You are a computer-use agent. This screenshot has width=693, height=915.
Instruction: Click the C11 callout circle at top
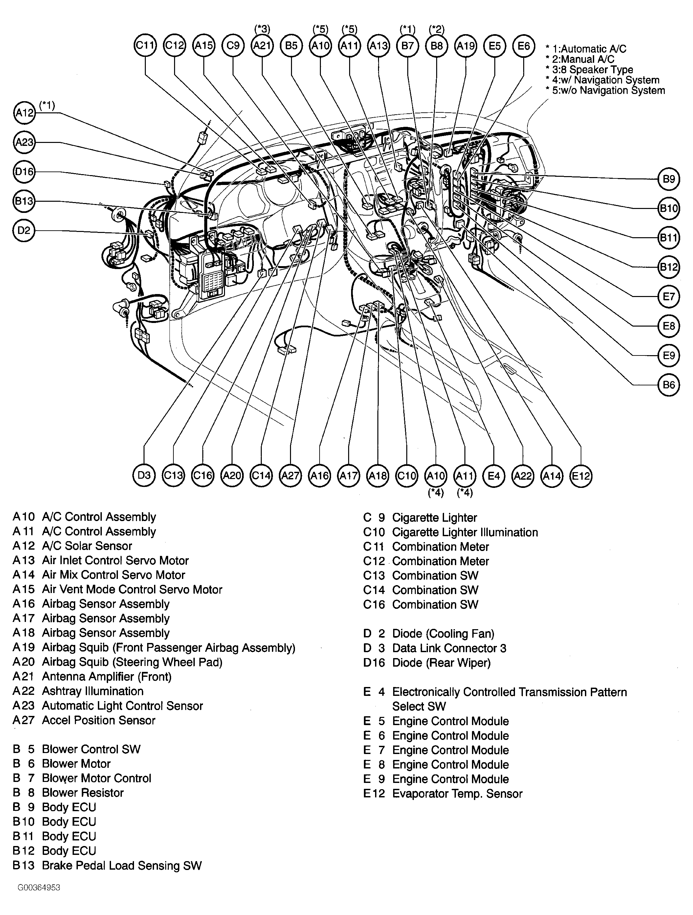tap(145, 45)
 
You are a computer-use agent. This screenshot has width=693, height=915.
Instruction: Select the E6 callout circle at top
tap(524, 45)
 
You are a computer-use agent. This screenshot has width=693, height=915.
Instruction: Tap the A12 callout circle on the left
tap(24, 112)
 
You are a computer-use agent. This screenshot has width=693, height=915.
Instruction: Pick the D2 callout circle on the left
tap(24, 230)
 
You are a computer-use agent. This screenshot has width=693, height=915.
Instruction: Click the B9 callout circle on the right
tap(669, 179)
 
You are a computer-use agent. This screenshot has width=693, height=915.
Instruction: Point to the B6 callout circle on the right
tap(669, 385)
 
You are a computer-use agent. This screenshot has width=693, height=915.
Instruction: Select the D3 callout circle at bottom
tap(144, 475)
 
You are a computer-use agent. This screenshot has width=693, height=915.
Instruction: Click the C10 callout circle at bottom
tap(407, 476)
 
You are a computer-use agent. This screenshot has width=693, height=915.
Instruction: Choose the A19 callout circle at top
tap(466, 45)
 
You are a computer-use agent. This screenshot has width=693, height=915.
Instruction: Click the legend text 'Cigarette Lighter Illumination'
tap(465, 532)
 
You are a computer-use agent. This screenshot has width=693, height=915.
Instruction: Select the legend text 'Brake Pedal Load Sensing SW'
tap(122, 866)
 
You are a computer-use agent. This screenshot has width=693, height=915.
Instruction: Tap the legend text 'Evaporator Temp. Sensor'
tap(457, 794)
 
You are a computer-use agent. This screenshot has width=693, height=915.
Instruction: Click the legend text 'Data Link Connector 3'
tap(449, 648)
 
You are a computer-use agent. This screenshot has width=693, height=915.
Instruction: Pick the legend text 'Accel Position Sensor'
tap(99, 720)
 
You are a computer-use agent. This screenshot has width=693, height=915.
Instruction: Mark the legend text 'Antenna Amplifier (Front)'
tap(107, 677)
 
